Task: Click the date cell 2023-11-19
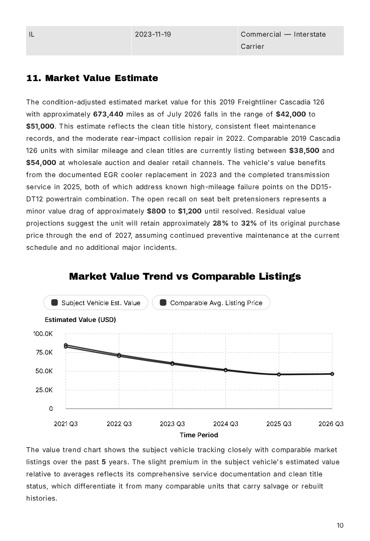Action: click(x=184, y=41)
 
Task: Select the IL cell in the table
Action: click(x=79, y=41)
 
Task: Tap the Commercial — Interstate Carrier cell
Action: click(x=291, y=41)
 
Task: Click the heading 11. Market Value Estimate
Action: click(x=92, y=78)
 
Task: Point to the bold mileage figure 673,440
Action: click(x=108, y=114)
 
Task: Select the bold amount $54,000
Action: click(x=41, y=163)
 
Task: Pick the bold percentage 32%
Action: click(x=249, y=223)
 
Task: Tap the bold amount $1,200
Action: click(x=190, y=211)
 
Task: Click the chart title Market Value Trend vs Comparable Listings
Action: click(x=185, y=276)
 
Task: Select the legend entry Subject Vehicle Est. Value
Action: click(x=96, y=303)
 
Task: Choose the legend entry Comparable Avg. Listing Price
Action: click(x=211, y=303)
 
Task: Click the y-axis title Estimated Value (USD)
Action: click(x=80, y=320)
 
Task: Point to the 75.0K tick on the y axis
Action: click(x=44, y=353)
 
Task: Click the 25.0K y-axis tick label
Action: click(x=44, y=390)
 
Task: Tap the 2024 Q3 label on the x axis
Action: click(x=226, y=424)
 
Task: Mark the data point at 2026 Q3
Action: click(x=332, y=374)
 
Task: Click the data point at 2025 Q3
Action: click(x=279, y=374)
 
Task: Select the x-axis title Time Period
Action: click(x=199, y=435)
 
